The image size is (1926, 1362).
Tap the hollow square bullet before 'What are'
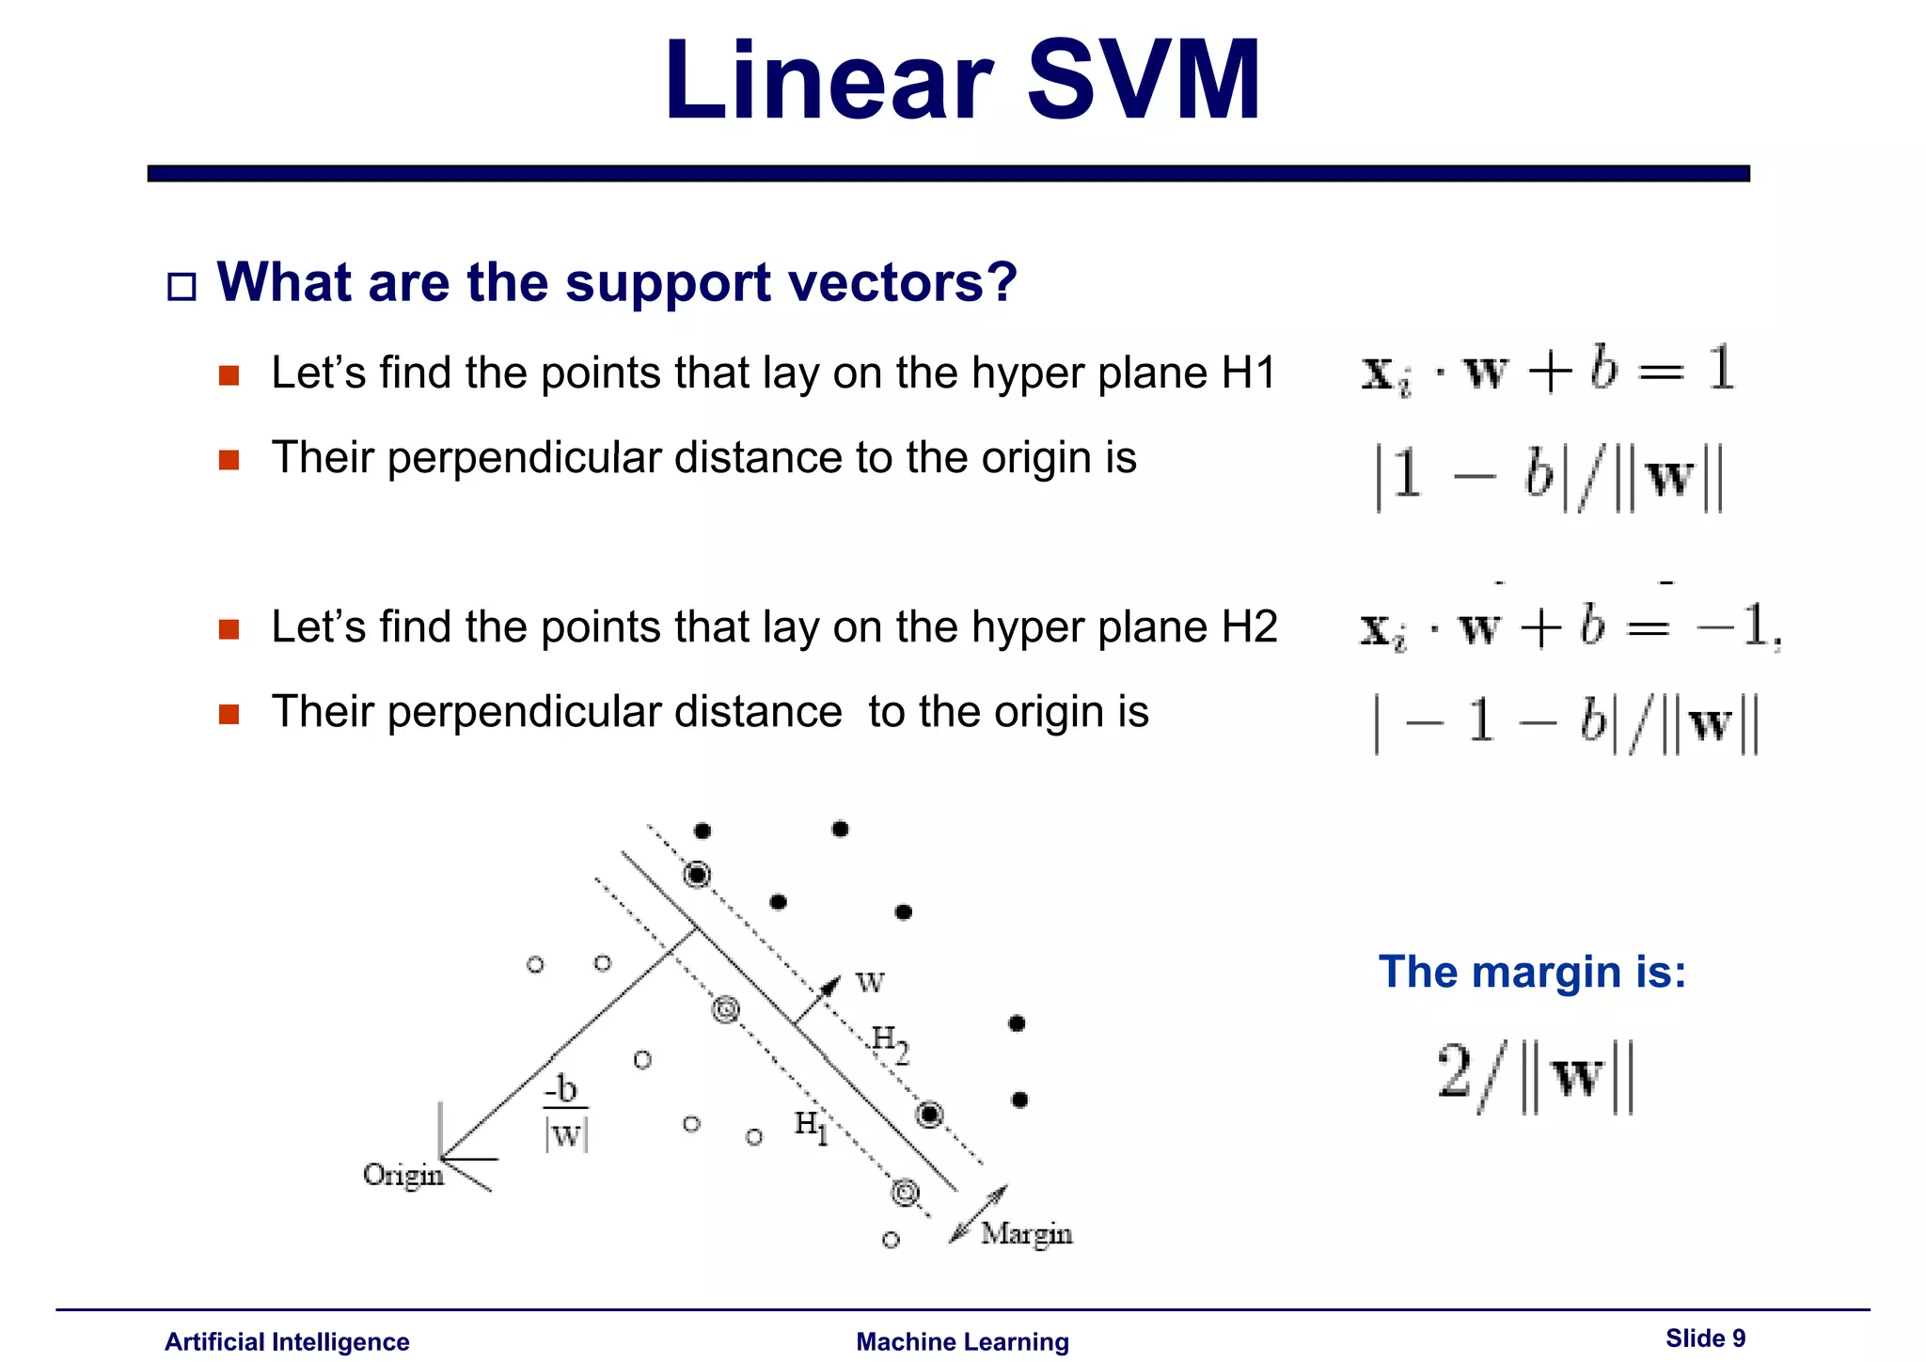point(182,286)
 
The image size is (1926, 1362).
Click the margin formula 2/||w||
point(1536,1077)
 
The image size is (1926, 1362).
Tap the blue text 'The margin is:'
point(1532,972)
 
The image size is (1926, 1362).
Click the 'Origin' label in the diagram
point(403,1176)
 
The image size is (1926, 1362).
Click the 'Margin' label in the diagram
point(1026,1233)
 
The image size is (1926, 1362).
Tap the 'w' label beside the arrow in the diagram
point(870,983)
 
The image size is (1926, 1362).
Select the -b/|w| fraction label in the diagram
point(566,1113)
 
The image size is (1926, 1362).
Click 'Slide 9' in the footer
point(1705,1338)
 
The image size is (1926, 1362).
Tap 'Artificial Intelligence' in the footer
point(287,1342)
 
